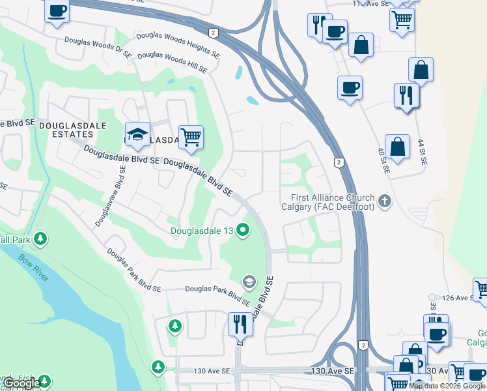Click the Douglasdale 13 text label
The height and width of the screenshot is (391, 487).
click(x=202, y=230)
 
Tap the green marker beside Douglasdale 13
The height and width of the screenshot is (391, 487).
click(x=244, y=229)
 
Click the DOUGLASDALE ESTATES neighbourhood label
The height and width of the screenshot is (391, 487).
click(x=65, y=129)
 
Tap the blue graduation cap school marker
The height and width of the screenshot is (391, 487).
click(x=137, y=134)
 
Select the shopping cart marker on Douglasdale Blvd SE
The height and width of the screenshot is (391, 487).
click(x=191, y=137)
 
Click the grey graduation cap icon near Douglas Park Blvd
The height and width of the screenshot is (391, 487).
click(x=248, y=282)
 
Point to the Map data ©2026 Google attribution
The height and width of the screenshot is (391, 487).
click(x=447, y=386)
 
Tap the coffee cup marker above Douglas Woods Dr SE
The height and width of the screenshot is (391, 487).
click(x=57, y=10)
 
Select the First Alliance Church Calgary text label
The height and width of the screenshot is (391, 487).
click(x=327, y=202)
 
